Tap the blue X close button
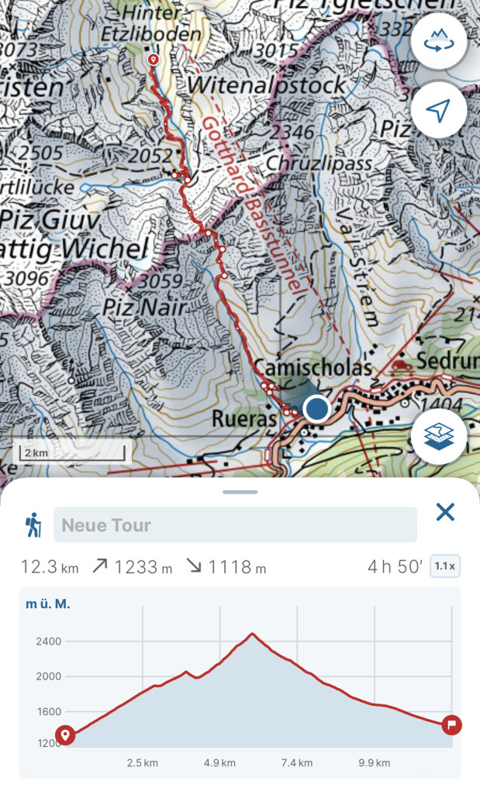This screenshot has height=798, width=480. point(445,512)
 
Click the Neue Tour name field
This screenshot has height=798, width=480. point(235,525)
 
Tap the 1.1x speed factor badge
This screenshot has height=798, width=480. point(444,566)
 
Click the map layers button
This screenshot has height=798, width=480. point(439,436)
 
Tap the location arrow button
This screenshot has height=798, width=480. point(439,110)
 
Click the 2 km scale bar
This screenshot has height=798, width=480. point(71,452)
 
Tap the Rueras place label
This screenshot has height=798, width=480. point(243,419)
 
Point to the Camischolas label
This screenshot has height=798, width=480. point(313,368)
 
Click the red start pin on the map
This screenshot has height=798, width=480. point(153,60)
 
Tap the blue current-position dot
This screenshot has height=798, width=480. point(316,408)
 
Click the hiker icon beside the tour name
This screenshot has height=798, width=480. point(33,525)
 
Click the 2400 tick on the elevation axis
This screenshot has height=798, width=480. point(47,641)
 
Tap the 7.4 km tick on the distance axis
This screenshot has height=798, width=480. point(296,762)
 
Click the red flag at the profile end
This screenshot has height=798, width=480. point(451,725)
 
